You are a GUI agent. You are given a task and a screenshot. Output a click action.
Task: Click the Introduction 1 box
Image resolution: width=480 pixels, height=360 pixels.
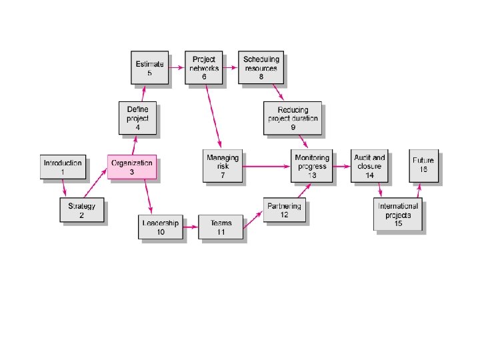(x=63, y=167)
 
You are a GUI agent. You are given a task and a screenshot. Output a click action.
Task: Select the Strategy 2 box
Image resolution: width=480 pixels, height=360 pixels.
(x=82, y=211)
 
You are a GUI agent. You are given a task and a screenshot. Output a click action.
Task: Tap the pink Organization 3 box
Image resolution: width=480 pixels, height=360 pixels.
(x=132, y=167)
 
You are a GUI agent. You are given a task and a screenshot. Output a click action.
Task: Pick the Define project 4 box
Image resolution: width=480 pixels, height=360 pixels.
(x=137, y=118)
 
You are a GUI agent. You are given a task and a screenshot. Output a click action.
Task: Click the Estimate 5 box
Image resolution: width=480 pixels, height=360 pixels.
(x=149, y=68)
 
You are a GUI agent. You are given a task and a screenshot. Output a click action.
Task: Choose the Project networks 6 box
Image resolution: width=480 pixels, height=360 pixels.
(x=204, y=68)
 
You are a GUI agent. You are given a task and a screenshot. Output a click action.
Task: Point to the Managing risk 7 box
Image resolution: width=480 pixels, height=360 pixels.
(x=223, y=166)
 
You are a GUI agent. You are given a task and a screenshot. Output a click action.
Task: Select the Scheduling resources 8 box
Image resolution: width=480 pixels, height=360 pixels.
(x=261, y=68)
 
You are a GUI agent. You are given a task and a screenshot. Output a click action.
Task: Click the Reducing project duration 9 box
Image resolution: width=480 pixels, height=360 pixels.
(x=292, y=118)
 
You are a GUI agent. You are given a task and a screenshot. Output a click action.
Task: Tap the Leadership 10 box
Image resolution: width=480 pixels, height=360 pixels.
(x=161, y=228)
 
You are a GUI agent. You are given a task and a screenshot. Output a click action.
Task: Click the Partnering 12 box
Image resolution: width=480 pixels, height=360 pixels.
(x=285, y=211)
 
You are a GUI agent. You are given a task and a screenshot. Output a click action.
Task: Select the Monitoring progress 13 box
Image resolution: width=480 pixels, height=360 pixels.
(x=311, y=166)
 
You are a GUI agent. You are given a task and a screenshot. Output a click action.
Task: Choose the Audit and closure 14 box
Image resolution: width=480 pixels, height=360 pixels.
(x=369, y=166)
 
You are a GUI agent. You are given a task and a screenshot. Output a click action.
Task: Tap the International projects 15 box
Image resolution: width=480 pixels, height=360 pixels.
(x=398, y=215)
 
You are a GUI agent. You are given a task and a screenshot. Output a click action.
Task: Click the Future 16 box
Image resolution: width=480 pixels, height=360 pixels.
(x=423, y=166)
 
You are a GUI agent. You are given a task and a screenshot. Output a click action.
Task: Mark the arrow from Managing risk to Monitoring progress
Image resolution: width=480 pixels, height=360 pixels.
(x=267, y=166)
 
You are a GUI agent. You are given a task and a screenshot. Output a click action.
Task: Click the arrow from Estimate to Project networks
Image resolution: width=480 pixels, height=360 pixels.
(x=177, y=67)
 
